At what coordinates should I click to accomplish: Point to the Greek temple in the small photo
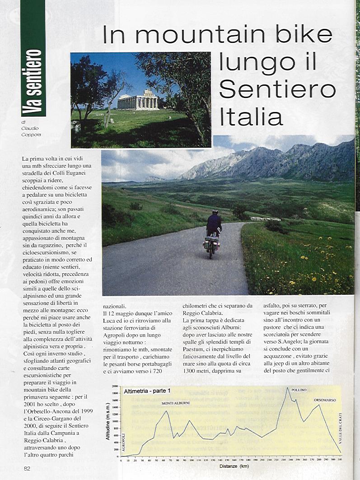[138, 100]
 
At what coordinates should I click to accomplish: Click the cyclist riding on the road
[213, 233]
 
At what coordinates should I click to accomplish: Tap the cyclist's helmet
[215, 211]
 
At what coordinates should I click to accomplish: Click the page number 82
[27, 468]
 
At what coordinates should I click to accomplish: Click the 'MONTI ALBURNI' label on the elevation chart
[175, 402]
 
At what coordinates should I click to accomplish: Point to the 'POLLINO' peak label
[299, 390]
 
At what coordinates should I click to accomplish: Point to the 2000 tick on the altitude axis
[115, 387]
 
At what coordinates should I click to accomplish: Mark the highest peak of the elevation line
[287, 388]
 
